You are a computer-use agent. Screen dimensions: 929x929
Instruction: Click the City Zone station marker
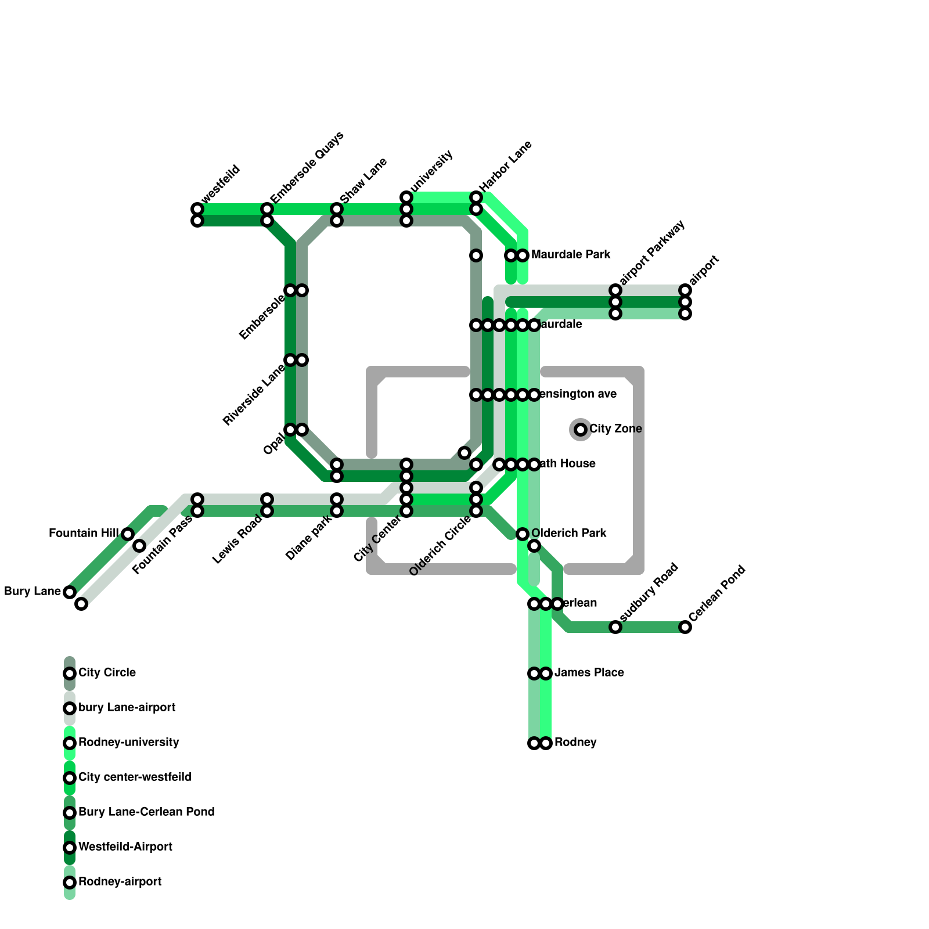(581, 430)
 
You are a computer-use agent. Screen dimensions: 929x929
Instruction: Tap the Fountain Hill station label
(84, 533)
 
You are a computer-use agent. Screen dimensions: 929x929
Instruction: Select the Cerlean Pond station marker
(685, 627)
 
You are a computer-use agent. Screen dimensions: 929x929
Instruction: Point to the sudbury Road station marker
(615, 627)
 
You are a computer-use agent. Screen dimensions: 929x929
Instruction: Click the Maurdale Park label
(570, 254)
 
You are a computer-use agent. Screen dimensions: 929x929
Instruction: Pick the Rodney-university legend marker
(70, 743)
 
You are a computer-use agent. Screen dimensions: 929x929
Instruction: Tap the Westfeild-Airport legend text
(125, 847)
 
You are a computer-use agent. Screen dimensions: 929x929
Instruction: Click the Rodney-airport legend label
(120, 882)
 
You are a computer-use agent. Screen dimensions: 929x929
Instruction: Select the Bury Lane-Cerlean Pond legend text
(146, 812)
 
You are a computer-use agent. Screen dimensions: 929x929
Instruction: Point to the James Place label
(589, 673)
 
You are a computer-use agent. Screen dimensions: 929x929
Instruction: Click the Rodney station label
(575, 743)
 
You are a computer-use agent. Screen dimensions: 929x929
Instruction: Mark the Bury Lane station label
(32, 592)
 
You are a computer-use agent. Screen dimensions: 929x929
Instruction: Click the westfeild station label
(221, 184)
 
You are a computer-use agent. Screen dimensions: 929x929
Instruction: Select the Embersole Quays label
(307, 167)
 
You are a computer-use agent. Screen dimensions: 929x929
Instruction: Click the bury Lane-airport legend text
(127, 708)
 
